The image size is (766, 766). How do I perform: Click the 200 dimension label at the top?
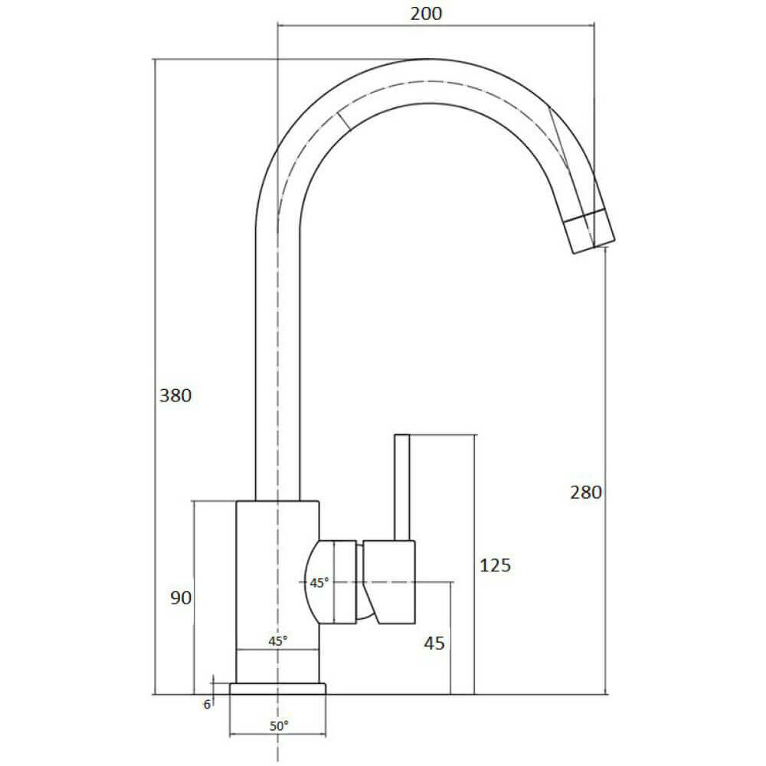427,13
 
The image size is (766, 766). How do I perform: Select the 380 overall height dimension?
175,396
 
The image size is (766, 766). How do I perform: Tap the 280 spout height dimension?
586,493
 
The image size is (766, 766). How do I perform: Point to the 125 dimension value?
495,566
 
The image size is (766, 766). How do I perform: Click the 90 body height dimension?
181,598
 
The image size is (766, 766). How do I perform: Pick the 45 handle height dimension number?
434,643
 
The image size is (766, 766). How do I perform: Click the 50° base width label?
278,725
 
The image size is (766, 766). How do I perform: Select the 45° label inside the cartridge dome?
319,583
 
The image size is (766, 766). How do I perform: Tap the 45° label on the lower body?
277,640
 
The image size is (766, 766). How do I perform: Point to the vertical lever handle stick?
402,487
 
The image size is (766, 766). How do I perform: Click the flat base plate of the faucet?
277,689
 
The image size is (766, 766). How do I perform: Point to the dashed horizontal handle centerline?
429,582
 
